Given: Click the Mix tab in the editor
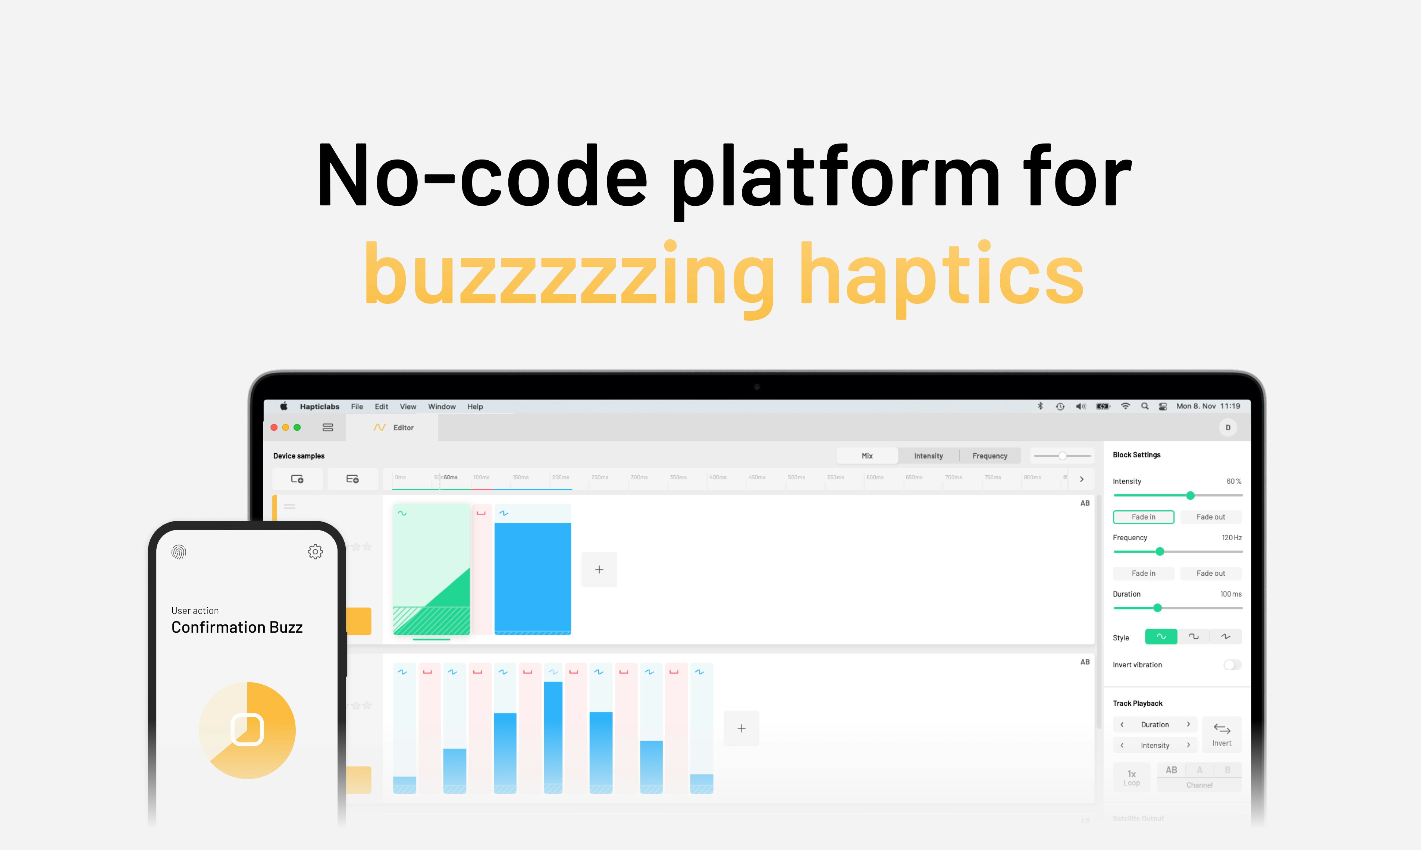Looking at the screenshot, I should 867,456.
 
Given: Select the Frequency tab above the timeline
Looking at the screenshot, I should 989,456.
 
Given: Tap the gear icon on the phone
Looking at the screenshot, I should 315,552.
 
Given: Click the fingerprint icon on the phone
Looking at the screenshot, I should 179,552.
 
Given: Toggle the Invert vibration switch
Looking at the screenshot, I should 1232,665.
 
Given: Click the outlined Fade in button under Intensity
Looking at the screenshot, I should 1143,517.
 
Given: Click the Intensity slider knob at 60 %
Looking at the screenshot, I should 1190,495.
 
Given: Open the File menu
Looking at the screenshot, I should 357,407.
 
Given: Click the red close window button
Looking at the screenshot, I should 274,427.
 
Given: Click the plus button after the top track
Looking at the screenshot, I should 599,569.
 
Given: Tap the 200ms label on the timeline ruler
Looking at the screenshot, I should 560,477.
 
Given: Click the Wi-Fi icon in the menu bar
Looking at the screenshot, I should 1125,406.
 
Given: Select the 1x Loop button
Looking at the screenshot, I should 1131,777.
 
